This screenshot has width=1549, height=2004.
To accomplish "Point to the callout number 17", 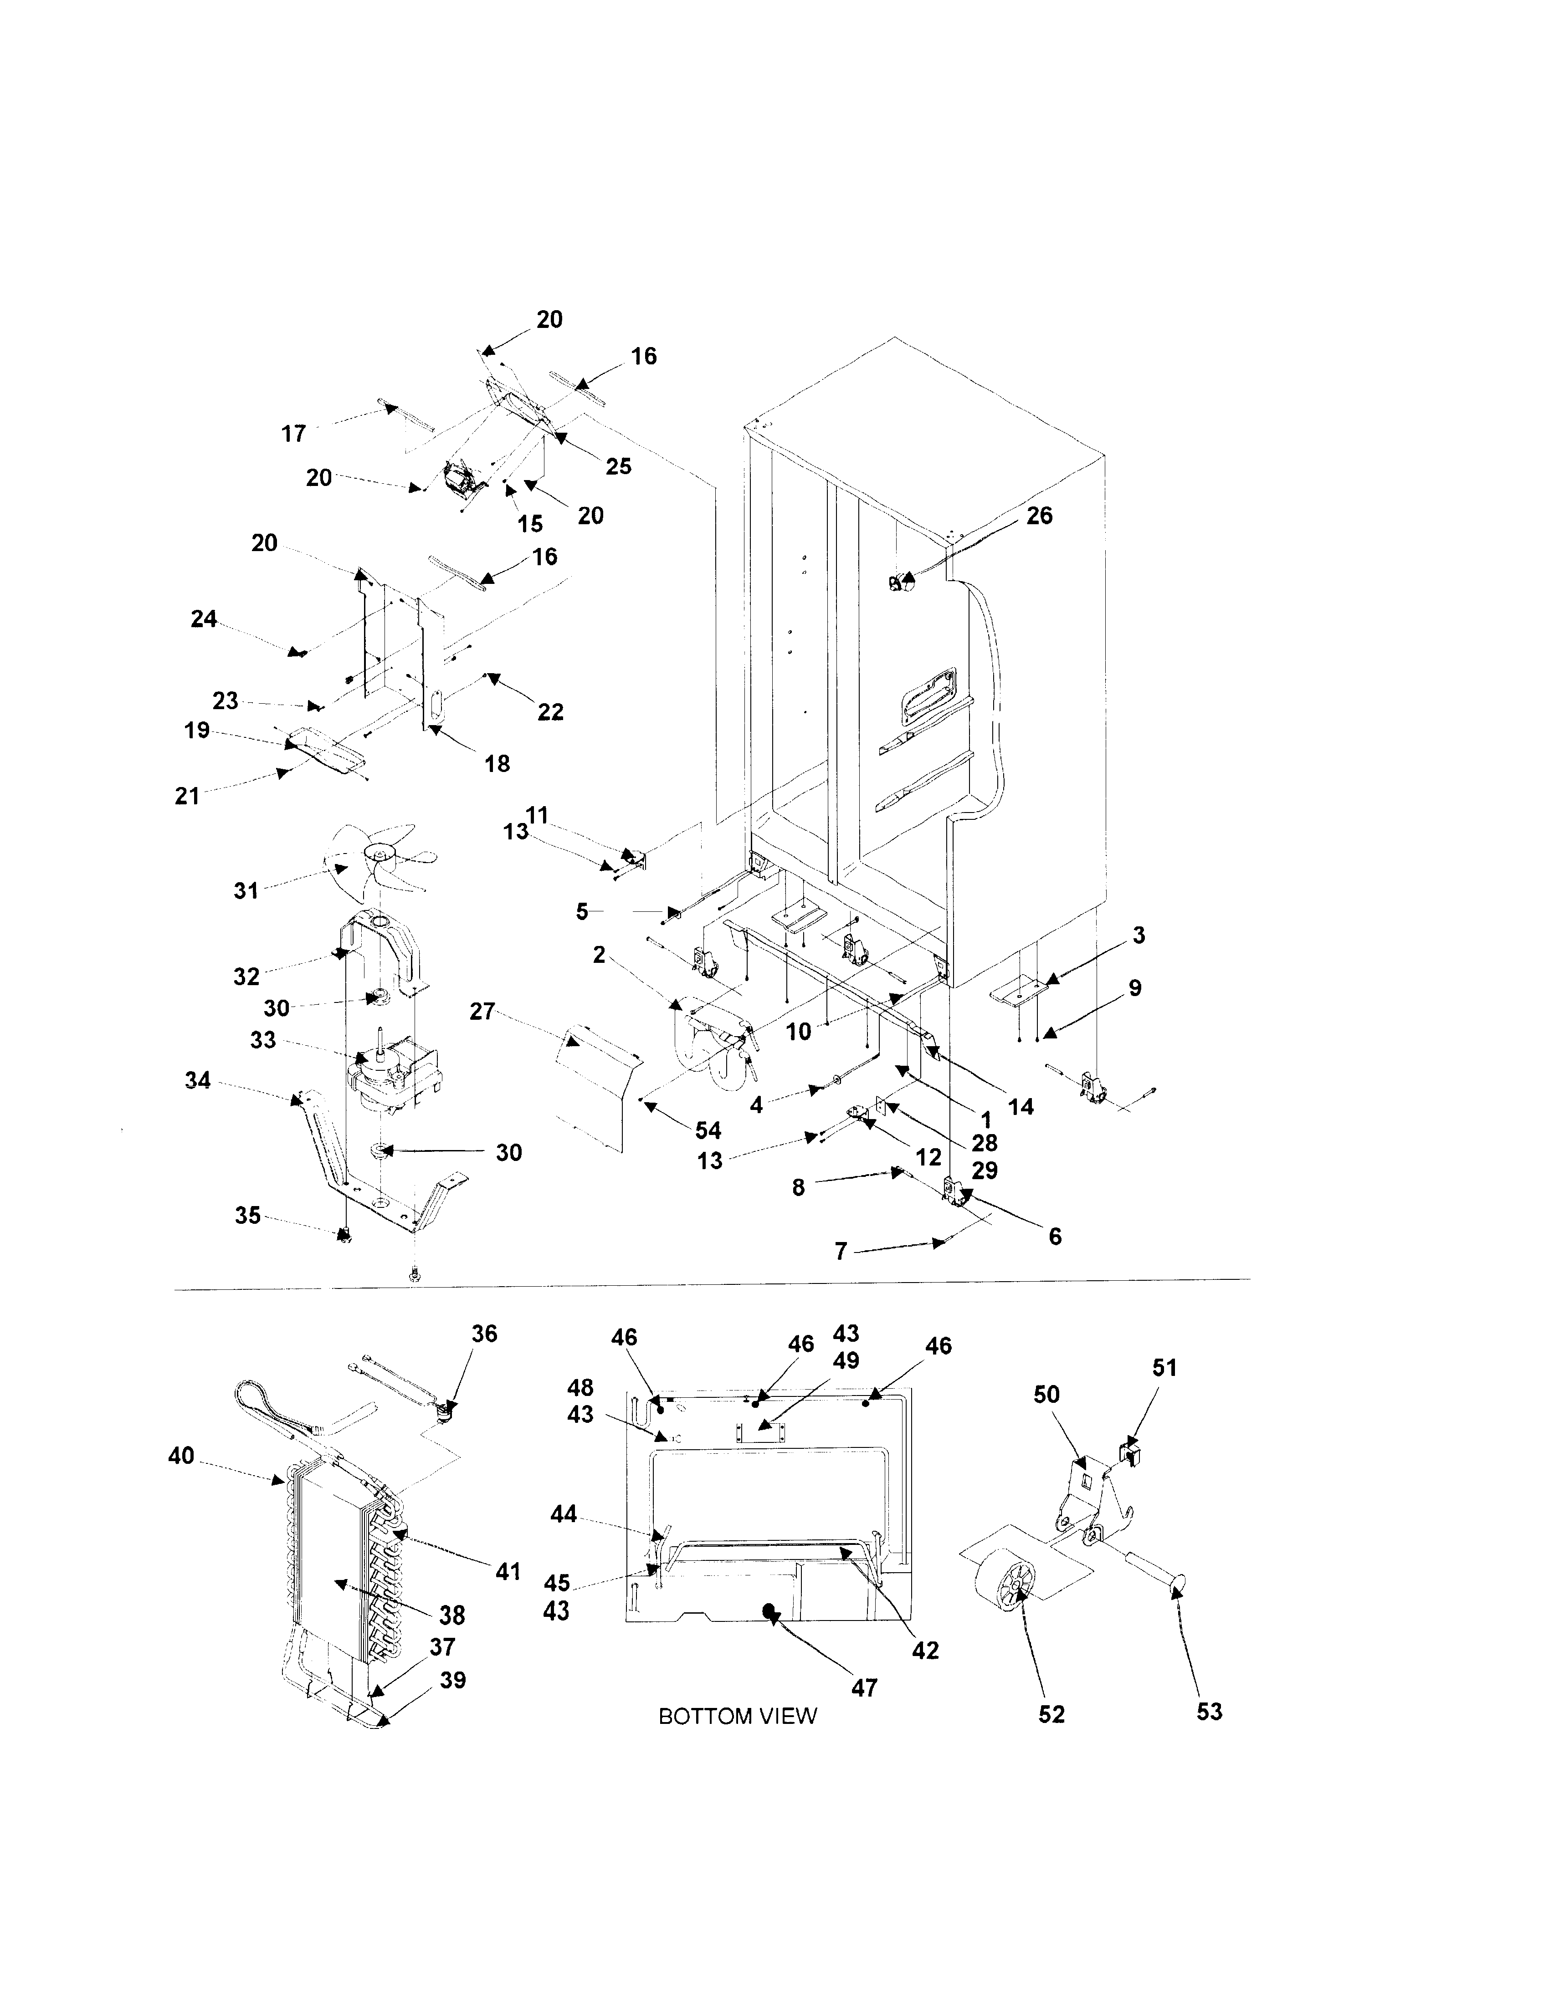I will [x=294, y=433].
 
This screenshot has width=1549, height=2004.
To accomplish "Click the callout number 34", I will [x=197, y=1081].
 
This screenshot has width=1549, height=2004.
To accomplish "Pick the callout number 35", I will [x=248, y=1216].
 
